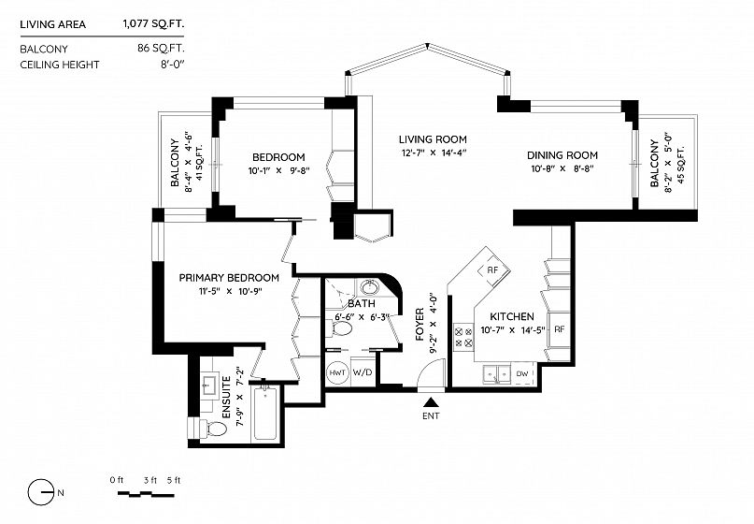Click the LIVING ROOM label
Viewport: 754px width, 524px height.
pyautogui.click(x=433, y=139)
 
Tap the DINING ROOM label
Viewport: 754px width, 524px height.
pyautogui.click(x=562, y=155)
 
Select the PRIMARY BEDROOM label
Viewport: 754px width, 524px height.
pyautogui.click(x=229, y=278)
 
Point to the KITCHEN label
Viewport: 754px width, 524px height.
pyautogui.click(x=512, y=316)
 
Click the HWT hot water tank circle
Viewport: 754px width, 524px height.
pyautogui.click(x=337, y=372)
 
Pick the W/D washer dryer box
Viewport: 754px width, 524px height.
pyautogui.click(x=363, y=372)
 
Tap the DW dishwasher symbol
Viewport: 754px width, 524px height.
pyautogui.click(x=522, y=373)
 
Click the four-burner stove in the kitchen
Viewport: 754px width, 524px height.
pyautogui.click(x=463, y=337)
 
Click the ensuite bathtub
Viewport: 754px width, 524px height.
pyautogui.click(x=265, y=414)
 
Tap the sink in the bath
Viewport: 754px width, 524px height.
pyautogui.click(x=369, y=287)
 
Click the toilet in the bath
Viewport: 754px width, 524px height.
pyautogui.click(x=339, y=329)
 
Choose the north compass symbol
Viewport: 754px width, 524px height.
pyautogui.click(x=41, y=492)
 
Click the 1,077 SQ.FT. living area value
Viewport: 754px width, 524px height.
pyautogui.click(x=153, y=24)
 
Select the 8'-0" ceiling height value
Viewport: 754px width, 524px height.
pyautogui.click(x=173, y=65)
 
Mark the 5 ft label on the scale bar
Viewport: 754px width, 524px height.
pyautogui.click(x=174, y=480)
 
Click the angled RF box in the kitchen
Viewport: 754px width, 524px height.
pyautogui.click(x=493, y=270)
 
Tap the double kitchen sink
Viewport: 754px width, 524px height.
pyautogui.click(x=496, y=373)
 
